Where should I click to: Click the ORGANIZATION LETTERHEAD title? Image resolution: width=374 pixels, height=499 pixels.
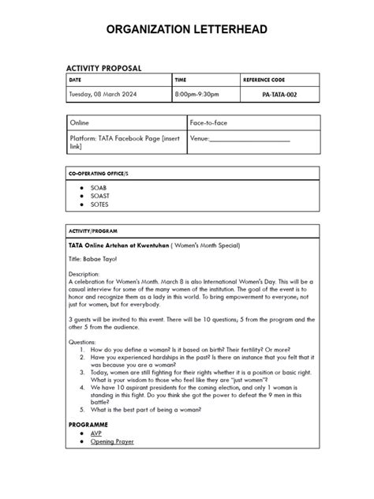pos(187,30)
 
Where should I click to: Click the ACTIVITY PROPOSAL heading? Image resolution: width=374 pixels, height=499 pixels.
pos(103,68)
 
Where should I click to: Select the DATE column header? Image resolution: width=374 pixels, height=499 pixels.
pos(76,81)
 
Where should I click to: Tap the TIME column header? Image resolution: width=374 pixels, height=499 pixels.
pos(181,81)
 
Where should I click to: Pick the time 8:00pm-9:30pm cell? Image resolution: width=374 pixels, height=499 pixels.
pos(197,95)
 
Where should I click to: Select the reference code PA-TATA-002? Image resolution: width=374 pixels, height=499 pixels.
pos(280,95)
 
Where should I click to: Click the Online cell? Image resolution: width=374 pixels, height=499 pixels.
pos(80,123)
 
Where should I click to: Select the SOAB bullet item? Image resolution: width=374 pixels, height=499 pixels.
pos(99,188)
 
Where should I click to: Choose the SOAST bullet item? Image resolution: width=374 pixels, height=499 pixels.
pos(100,196)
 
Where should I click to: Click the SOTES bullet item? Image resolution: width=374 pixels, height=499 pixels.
pos(100,204)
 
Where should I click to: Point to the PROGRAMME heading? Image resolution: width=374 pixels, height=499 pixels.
pos(95,424)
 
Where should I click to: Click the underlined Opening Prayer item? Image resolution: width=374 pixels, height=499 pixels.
pos(112,441)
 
